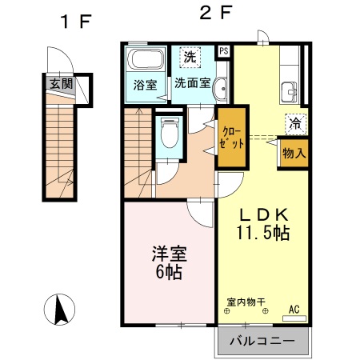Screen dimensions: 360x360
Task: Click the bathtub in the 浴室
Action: pyautogui.click(x=146, y=59)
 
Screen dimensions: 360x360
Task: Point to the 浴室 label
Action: pyautogui.click(x=146, y=82)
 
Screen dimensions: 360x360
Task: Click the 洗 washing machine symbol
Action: pyautogui.click(x=190, y=57)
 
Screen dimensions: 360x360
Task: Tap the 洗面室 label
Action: pyautogui.click(x=192, y=82)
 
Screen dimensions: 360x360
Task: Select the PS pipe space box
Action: pyautogui.click(x=223, y=50)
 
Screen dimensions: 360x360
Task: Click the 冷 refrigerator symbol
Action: pyautogui.click(x=294, y=124)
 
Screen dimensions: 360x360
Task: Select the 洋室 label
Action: pyautogui.click(x=168, y=255)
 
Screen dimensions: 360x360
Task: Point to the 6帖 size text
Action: pyautogui.click(x=168, y=273)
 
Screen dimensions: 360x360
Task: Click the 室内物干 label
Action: pyautogui.click(x=246, y=302)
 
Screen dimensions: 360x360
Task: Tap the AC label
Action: pyautogui.click(x=294, y=308)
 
